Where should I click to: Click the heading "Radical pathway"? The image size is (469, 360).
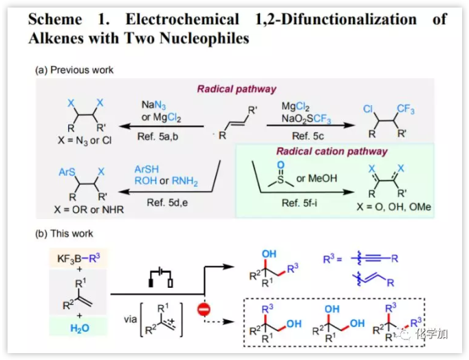click(237, 89)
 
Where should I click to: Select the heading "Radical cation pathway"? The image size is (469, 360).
click(331, 151)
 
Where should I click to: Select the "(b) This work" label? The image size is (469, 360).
click(65, 234)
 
